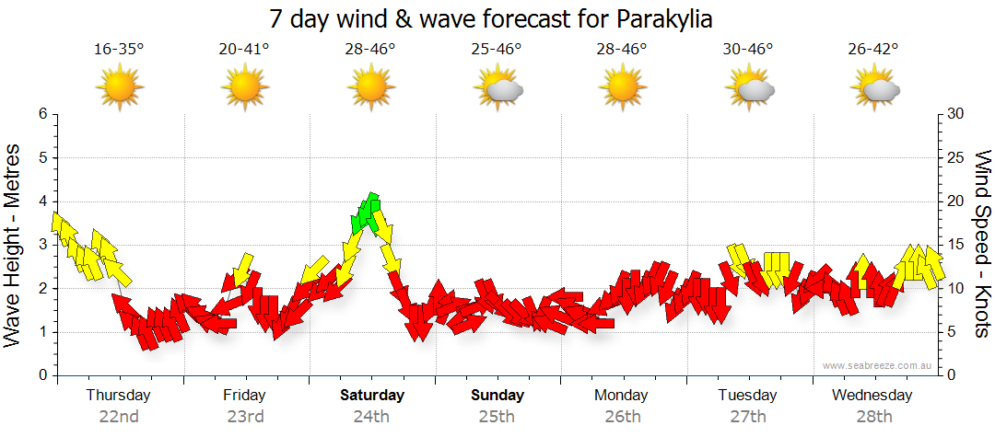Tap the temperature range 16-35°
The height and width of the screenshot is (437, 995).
pos(119,50)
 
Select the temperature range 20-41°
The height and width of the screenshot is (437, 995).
pos(244,50)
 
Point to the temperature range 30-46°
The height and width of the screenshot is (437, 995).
pos(748,50)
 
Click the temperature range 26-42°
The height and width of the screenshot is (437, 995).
pos(873,50)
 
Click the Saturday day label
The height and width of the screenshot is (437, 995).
pos(371,396)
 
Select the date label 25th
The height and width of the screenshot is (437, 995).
pos(497,416)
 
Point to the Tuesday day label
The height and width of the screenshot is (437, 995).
pos(747,396)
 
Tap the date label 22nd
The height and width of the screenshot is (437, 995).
pos(119,416)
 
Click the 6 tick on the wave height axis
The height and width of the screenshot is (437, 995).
pos(41,114)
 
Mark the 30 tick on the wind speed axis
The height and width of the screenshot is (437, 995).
pos(956,114)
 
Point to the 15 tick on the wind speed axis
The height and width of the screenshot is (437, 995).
pos(956,245)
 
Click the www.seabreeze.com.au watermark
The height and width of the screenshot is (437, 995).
pos(878,365)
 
